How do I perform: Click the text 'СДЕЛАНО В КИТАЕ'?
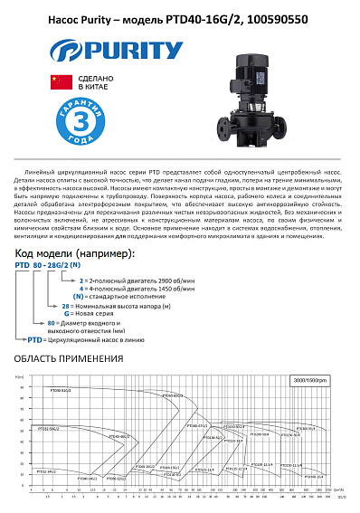click(x=96, y=81)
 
